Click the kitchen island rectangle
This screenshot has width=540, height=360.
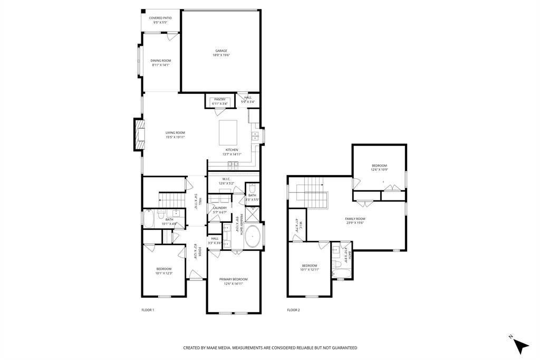[x=228, y=132]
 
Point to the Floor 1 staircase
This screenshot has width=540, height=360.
[x=171, y=200]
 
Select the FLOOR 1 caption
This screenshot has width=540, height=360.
[x=148, y=310]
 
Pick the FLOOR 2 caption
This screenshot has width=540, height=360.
[x=293, y=310]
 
